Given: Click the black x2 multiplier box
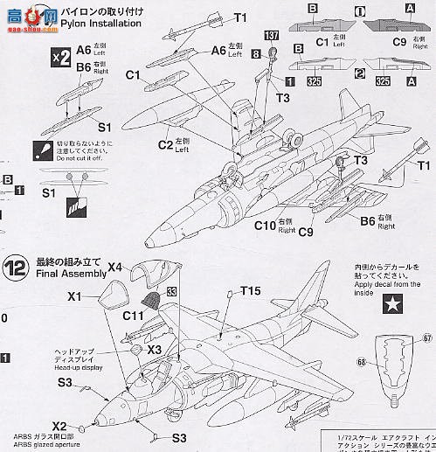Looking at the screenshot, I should tap(60, 59).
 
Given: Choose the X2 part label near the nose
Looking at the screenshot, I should tap(59, 425).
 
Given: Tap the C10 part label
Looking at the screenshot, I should tap(266, 228).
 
